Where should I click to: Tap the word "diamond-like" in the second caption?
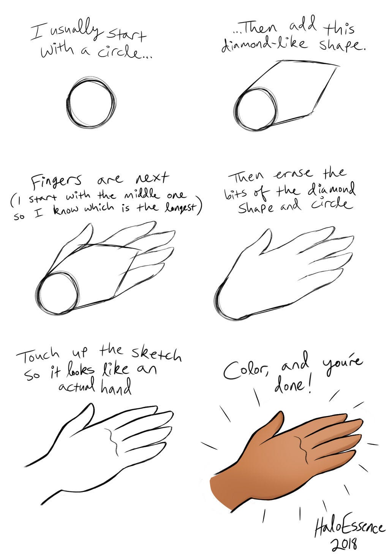coord(265,45)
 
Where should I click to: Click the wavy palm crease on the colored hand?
coord(303,448)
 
